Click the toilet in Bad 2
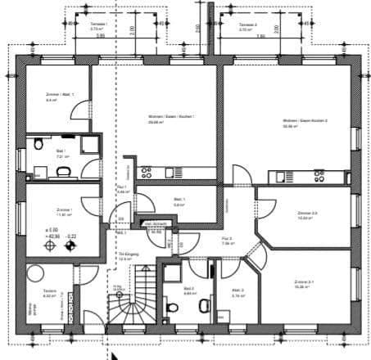172,307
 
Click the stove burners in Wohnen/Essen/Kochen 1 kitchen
147,173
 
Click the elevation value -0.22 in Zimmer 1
71,237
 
